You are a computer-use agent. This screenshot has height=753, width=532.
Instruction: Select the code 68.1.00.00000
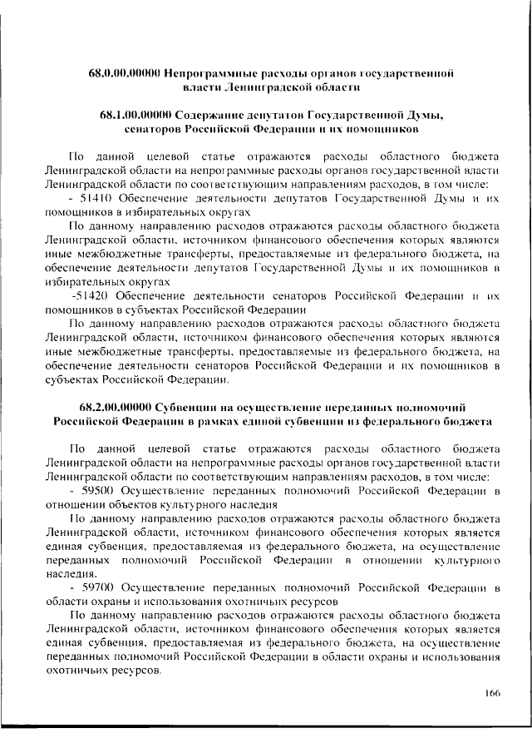tap(135, 115)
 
